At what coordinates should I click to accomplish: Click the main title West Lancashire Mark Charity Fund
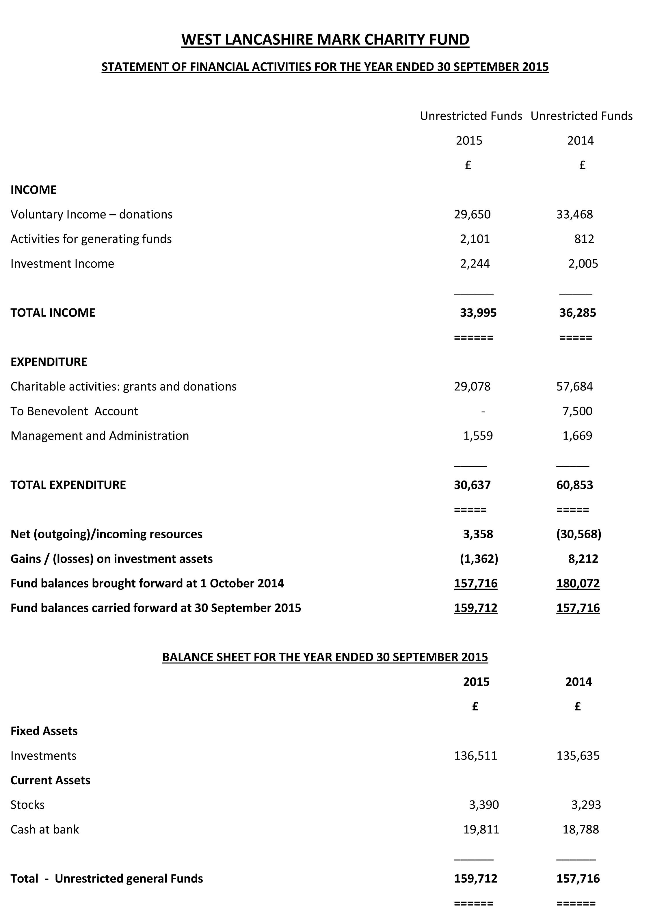(325, 39)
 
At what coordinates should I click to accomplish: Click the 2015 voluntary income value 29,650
(472, 214)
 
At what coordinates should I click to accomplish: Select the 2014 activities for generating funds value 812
(584, 239)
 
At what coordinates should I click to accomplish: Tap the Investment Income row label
(62, 264)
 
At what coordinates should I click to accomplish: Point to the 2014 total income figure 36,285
(577, 313)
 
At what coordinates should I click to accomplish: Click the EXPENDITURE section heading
(49, 362)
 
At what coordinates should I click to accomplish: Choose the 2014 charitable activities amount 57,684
(574, 386)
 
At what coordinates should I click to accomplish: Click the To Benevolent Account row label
(75, 411)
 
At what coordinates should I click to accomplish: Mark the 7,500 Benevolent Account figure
(577, 411)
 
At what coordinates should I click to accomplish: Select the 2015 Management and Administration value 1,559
(478, 436)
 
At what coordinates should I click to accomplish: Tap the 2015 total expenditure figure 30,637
(472, 485)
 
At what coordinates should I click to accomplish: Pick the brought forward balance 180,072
(578, 583)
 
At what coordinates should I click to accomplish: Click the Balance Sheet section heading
(325, 657)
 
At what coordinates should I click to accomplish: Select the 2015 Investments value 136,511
(475, 756)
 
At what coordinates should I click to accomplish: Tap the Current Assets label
(50, 780)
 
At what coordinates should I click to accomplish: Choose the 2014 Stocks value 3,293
(586, 805)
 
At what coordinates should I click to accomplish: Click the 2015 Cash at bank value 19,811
(481, 829)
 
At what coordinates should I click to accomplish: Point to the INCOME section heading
(34, 190)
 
